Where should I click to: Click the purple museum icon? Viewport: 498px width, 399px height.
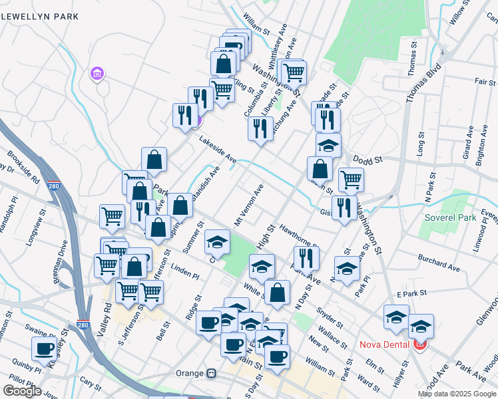(x=98, y=72)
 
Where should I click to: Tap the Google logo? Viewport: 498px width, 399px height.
(x=22, y=391)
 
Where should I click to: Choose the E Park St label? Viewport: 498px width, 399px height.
(x=411, y=293)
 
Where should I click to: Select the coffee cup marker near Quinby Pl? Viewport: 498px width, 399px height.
(x=45, y=348)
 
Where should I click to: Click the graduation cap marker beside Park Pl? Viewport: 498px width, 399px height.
(x=347, y=268)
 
